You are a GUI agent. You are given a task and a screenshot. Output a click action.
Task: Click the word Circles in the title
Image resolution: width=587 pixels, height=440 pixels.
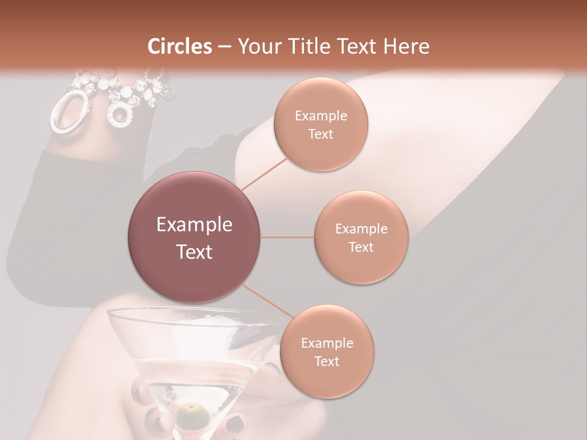179,46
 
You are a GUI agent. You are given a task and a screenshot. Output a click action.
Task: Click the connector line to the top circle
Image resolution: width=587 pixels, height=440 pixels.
264,172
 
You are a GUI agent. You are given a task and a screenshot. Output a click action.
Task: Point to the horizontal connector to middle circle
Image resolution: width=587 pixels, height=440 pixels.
287,237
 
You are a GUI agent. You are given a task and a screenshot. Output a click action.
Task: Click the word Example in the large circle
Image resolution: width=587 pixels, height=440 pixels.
194,225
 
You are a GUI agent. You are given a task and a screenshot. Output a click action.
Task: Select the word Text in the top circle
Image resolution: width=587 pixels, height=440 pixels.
320,134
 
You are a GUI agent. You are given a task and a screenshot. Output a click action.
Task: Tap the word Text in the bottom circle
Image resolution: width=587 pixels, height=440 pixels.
327,361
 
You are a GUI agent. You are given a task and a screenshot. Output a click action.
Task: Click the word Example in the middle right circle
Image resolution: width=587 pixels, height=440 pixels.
361,229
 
